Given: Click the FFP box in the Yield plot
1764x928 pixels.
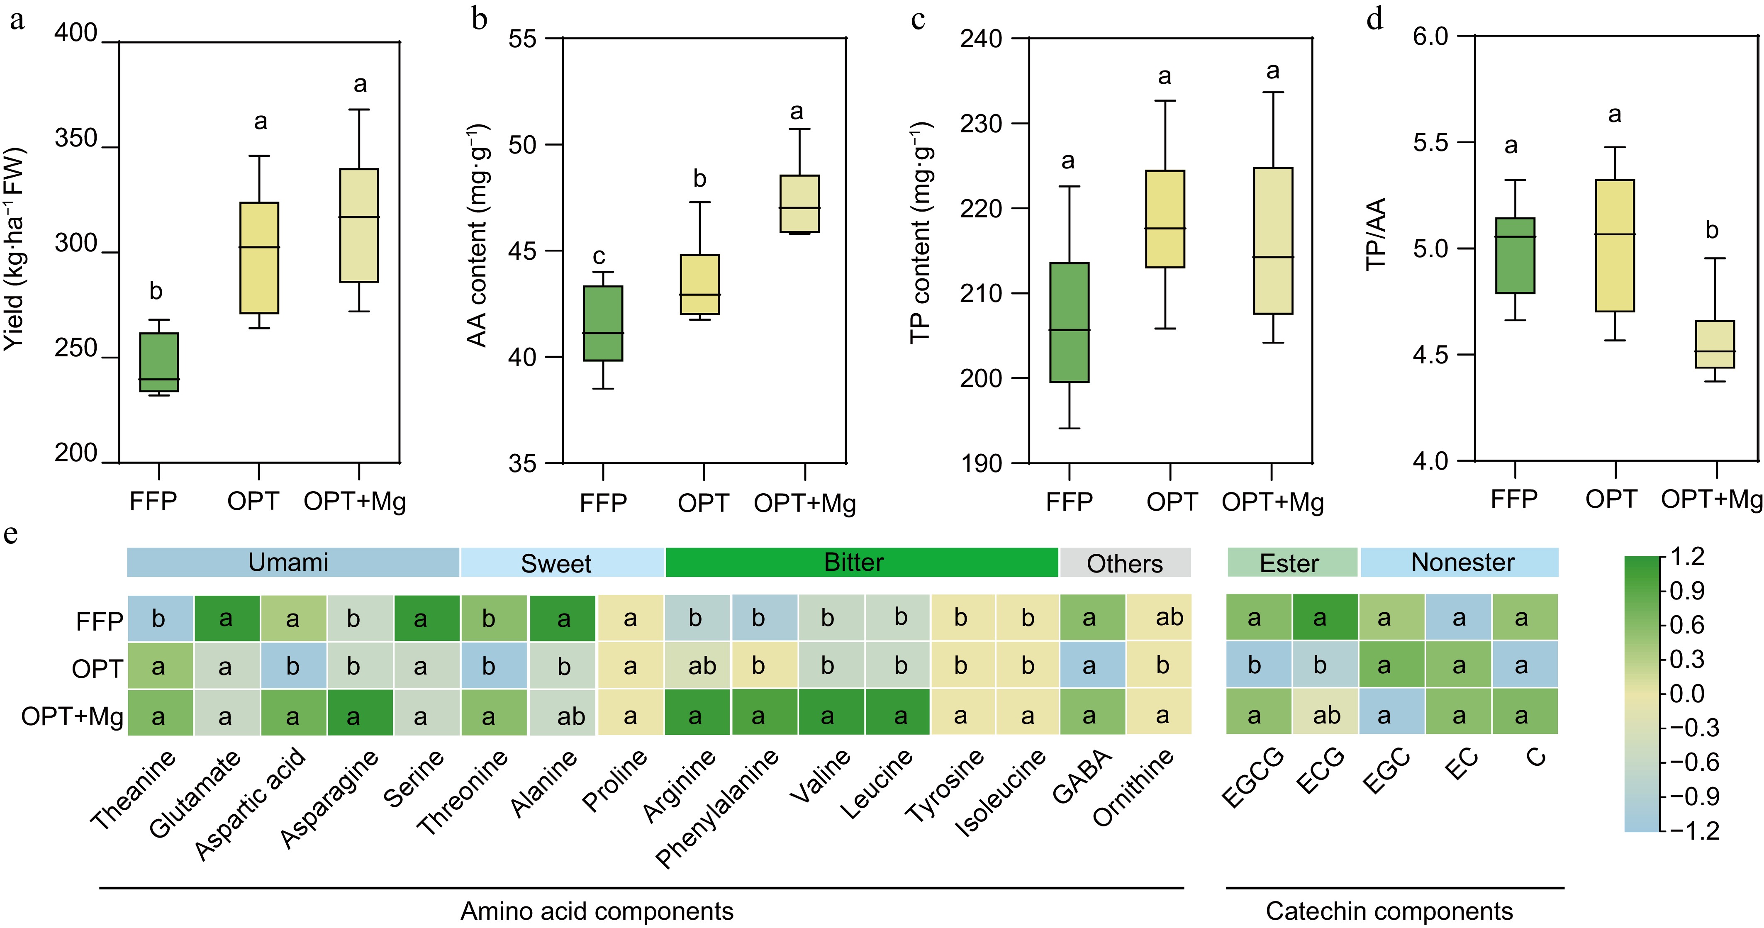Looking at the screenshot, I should [159, 362].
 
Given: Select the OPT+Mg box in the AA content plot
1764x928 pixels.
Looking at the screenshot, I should [799, 204].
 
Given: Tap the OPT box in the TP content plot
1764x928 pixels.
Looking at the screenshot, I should [1165, 219].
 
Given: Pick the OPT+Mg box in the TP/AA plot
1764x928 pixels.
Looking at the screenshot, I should [1715, 344].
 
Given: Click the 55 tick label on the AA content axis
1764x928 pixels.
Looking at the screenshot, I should [522, 38].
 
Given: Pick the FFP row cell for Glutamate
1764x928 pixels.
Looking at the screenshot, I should [226, 619].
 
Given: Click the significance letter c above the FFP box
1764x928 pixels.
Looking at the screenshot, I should [599, 257].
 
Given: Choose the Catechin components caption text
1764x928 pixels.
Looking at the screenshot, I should [1389, 911].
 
